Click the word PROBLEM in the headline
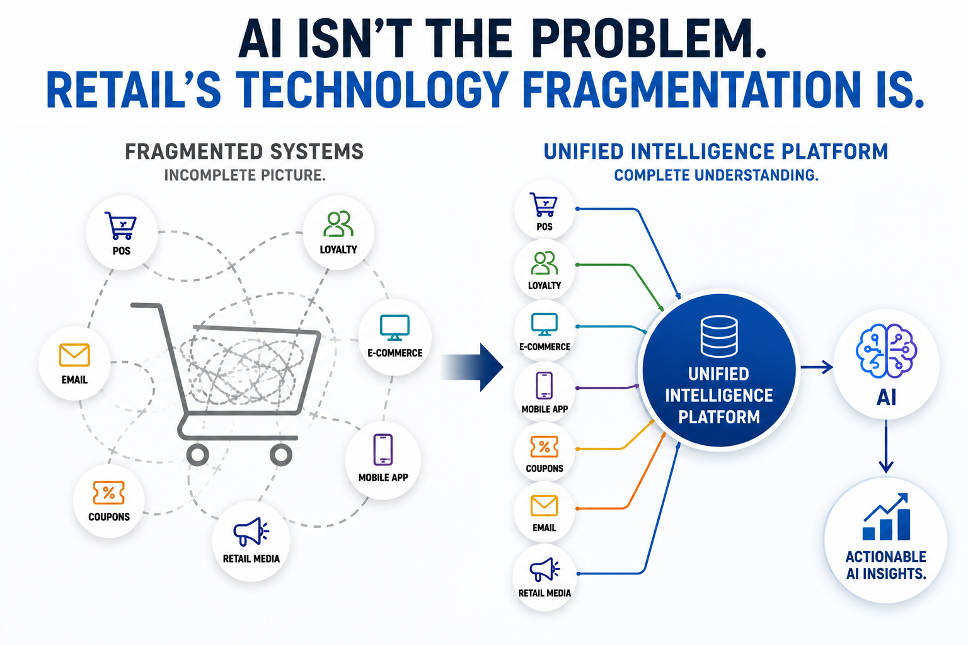[x=649, y=38]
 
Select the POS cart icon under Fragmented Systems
[x=120, y=225]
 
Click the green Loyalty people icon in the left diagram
[x=338, y=224]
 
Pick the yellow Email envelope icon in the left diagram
[x=74, y=355]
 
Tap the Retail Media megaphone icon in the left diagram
[x=251, y=532]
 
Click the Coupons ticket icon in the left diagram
[x=109, y=493]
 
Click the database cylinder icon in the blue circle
[x=719, y=336]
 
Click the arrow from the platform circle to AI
[x=817, y=367]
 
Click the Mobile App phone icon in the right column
[x=544, y=385]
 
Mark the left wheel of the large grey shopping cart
[x=197, y=455]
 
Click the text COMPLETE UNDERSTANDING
[x=716, y=175]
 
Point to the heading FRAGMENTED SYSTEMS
[x=244, y=152]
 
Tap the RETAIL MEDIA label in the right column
[x=544, y=593]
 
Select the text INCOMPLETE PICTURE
[x=245, y=175]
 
